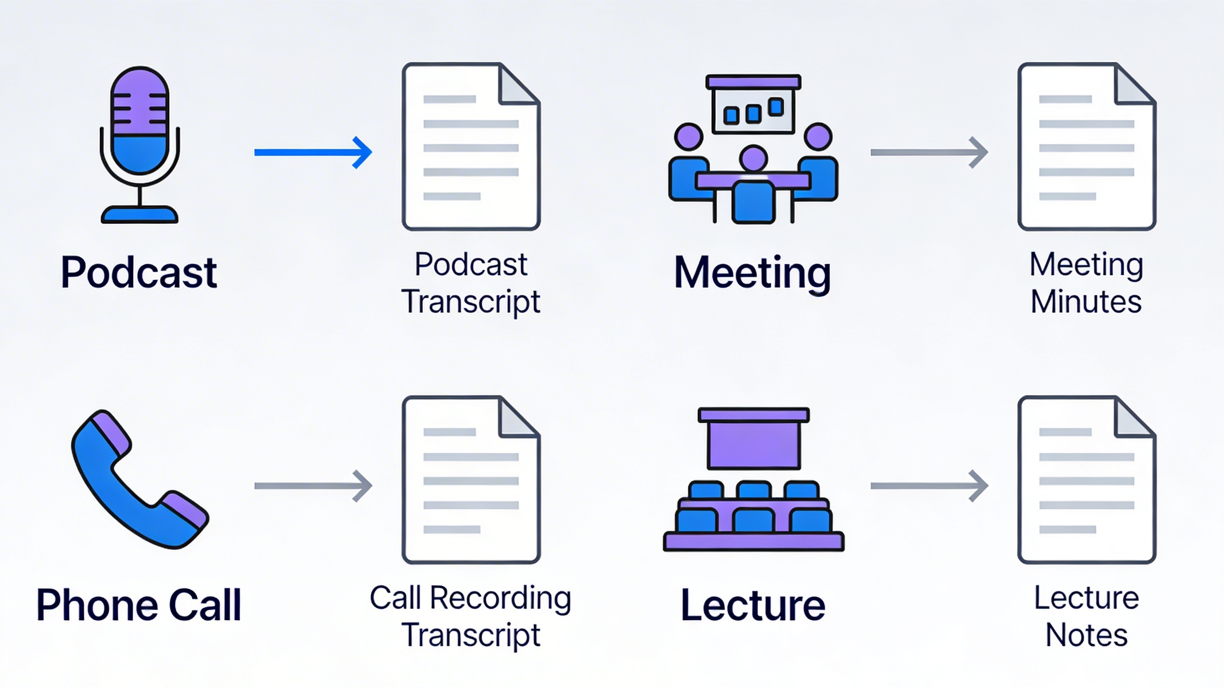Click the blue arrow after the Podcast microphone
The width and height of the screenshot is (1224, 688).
(313, 152)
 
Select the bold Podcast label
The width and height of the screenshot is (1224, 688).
(139, 272)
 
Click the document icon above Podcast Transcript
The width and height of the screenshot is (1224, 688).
(471, 146)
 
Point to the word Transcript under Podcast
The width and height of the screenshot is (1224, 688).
(471, 301)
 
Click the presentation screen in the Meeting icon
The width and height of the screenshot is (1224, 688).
(753, 110)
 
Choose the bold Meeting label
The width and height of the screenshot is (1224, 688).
(753, 272)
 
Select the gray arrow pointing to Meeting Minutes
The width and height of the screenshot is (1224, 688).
(929, 152)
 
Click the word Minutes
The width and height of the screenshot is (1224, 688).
(1086, 301)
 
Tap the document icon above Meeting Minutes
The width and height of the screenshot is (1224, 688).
(1086, 146)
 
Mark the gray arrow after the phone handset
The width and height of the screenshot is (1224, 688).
(313, 486)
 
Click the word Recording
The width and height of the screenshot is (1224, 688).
(500, 598)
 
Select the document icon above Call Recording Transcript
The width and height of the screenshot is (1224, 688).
(471, 479)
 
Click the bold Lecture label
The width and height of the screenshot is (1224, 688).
(753, 605)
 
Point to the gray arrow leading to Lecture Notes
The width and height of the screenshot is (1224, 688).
(929, 486)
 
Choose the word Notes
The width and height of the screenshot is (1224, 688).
(1086, 635)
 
